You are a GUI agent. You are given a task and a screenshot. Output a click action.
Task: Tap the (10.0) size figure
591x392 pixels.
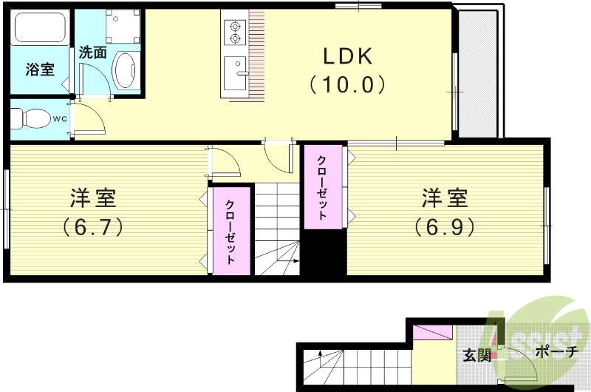[347, 84]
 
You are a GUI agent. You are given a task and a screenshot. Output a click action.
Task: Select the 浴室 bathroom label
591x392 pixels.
[40, 70]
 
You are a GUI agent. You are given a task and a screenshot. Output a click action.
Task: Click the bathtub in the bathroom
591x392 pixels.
[41, 27]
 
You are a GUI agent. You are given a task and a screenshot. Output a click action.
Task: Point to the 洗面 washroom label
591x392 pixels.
[93, 53]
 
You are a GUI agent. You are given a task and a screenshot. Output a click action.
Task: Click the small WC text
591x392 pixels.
[59, 118]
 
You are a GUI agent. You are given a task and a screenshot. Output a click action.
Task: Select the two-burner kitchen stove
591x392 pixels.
[235, 31]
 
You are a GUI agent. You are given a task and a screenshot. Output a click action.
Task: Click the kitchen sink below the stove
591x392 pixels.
[236, 72]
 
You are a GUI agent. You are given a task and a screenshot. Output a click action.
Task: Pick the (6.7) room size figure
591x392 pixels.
[92, 225]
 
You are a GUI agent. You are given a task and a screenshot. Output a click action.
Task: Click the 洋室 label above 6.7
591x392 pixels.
[92, 197]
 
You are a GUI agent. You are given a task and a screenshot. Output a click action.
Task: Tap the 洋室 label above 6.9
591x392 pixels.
[444, 197]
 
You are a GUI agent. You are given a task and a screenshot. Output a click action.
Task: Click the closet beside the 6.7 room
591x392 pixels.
[230, 232]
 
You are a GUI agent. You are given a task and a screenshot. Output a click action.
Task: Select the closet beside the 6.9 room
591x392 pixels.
[324, 187]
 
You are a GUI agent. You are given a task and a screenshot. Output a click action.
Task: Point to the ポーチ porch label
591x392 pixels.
[554, 352]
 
